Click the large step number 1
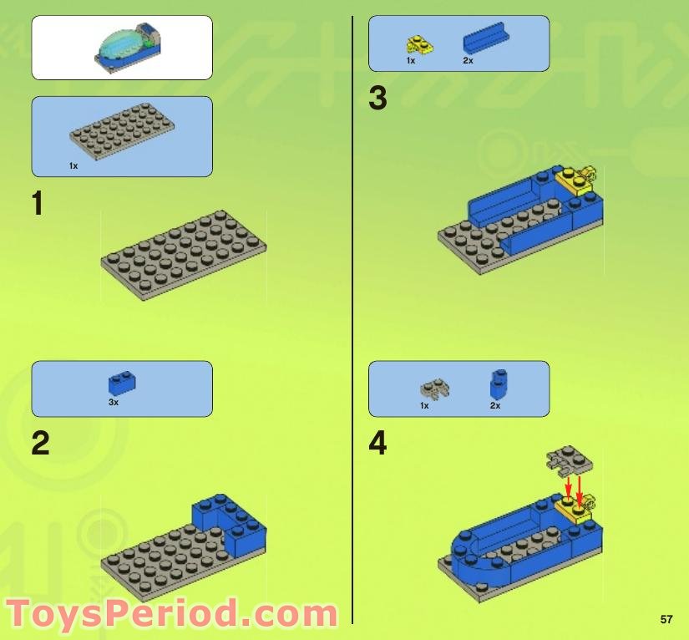coord(37,204)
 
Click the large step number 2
coord(40,443)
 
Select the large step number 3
coord(377,99)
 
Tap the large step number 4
coord(378,443)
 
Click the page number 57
coord(666,619)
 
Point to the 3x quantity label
coord(114,402)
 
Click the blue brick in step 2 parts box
coord(122,383)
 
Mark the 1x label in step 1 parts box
coord(73,166)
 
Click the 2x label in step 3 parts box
coord(468,61)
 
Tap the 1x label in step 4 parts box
coord(424,405)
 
